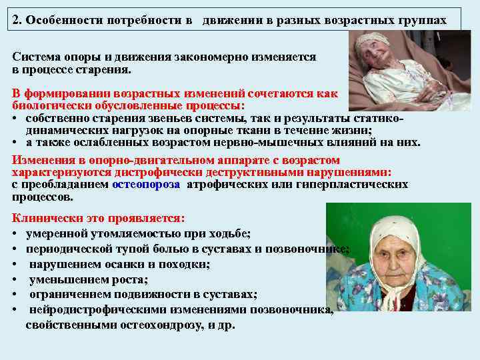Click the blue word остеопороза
point(146,185)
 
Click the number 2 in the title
point(17,20)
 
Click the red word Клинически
point(44,218)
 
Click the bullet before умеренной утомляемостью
point(15,234)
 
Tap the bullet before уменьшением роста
point(15,280)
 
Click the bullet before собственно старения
point(15,119)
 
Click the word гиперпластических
point(360,185)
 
